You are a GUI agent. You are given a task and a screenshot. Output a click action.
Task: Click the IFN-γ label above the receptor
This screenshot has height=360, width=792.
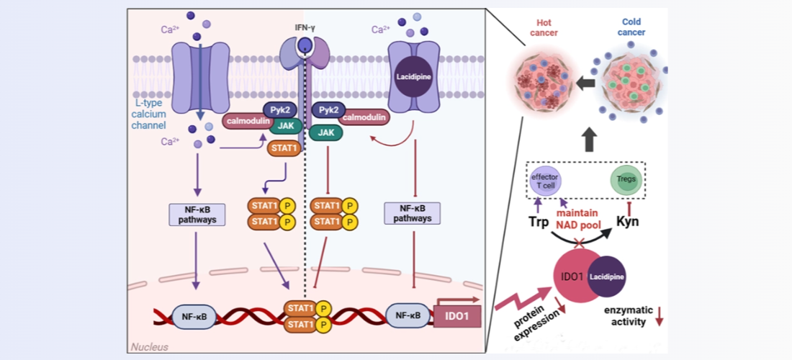click(305, 28)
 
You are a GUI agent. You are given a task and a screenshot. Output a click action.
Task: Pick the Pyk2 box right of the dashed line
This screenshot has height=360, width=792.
click(328, 112)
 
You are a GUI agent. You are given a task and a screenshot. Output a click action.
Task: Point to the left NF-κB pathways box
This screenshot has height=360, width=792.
click(196, 214)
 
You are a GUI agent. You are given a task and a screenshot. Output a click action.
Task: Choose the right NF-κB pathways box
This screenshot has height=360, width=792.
click(413, 214)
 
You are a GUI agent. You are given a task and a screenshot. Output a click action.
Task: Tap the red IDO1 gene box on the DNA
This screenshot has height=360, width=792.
click(456, 316)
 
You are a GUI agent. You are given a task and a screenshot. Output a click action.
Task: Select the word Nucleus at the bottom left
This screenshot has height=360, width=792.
click(150, 347)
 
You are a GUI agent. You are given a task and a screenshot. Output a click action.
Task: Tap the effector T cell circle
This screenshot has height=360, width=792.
click(546, 180)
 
